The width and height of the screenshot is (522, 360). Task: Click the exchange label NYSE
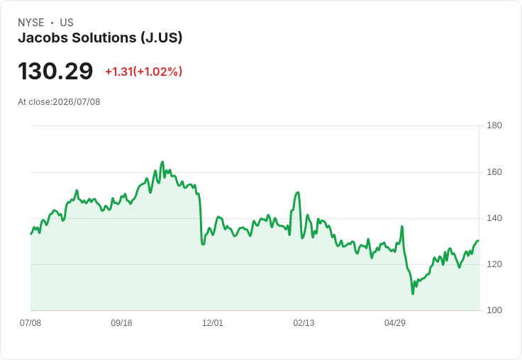31,23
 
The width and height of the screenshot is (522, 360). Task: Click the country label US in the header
67,23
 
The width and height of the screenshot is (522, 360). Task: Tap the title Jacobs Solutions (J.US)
100,38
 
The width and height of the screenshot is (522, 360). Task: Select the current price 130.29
55,71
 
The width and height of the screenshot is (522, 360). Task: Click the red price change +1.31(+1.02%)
144,72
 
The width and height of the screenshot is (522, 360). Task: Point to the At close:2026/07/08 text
59,102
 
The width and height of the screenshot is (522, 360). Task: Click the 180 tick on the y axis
494,125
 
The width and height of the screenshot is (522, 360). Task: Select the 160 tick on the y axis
494,172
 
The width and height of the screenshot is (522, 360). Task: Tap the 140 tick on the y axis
494,218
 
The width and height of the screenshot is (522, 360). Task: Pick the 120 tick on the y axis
494,264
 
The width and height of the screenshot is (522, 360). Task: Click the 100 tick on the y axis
494,310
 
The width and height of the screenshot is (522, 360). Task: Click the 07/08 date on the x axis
30,323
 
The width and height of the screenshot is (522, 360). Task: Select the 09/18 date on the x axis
121,323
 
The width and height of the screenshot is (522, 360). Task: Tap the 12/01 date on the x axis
213,323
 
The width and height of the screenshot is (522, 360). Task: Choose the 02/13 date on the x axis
304,323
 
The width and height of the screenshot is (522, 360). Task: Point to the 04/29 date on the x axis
395,323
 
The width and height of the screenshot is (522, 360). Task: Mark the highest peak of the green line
162,162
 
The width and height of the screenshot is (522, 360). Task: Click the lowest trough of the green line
413,294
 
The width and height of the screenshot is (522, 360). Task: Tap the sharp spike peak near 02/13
298,192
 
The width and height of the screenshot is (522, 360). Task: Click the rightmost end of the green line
478,240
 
